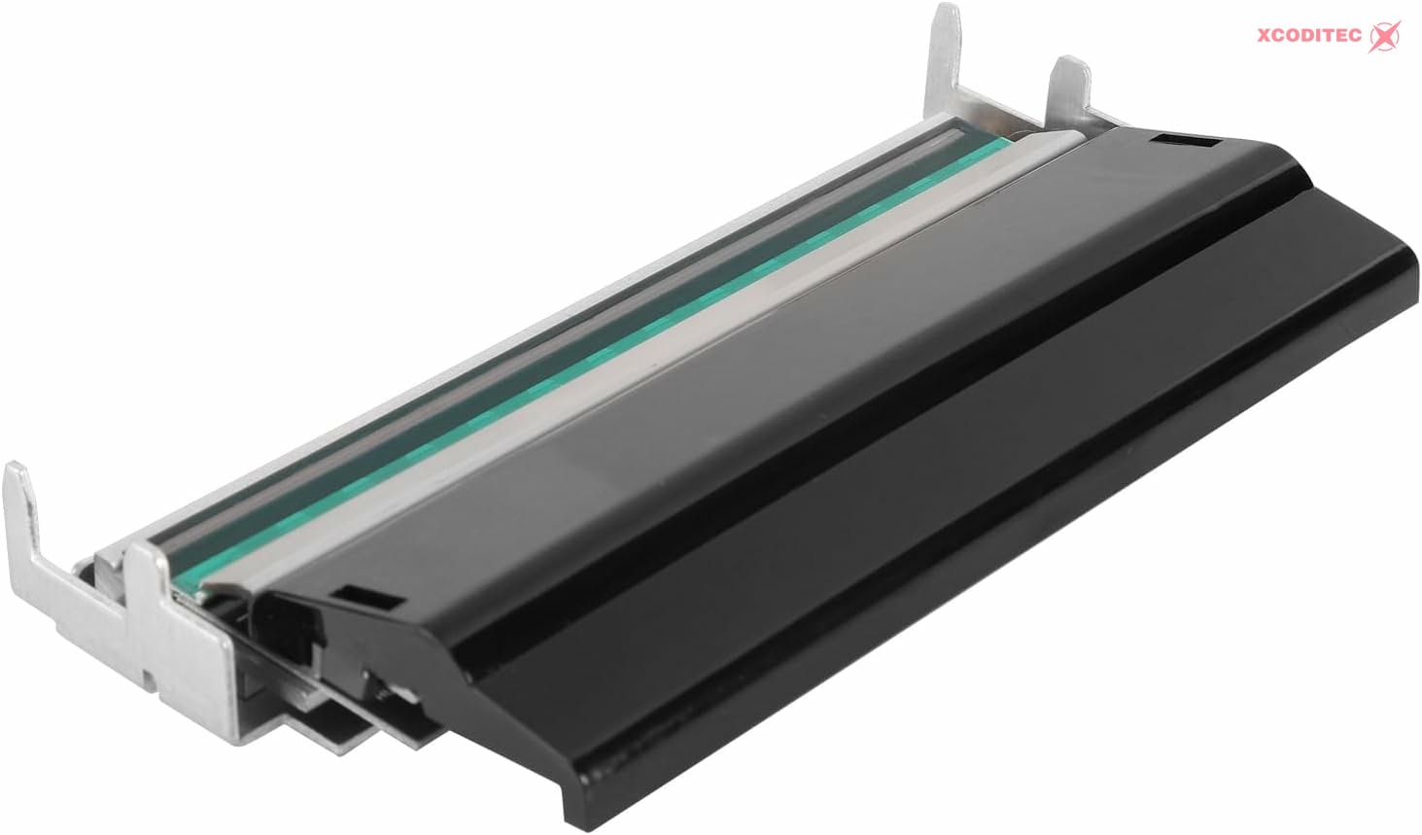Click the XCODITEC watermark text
point(1309,36)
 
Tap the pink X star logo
point(1384,36)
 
